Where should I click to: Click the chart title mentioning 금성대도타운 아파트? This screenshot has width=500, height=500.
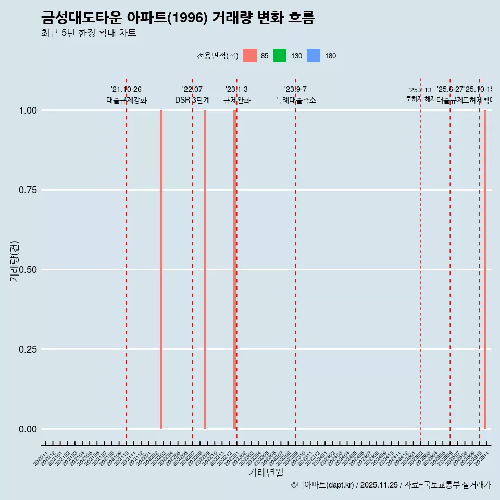click(x=178, y=18)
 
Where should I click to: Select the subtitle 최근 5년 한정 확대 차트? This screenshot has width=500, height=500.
click(x=89, y=33)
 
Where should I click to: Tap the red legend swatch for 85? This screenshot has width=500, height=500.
click(x=249, y=56)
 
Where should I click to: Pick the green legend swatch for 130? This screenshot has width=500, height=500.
click(x=280, y=56)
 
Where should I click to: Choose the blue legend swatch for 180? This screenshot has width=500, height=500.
click(x=314, y=56)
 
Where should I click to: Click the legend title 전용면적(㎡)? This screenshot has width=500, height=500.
click(x=217, y=56)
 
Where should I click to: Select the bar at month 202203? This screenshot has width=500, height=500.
click(x=161, y=269)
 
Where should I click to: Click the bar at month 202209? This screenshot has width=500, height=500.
click(x=205, y=269)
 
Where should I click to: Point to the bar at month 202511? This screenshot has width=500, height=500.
click(x=485, y=269)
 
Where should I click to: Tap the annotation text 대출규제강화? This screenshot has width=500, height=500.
click(x=127, y=100)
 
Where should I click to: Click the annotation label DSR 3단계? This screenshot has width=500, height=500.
click(x=192, y=100)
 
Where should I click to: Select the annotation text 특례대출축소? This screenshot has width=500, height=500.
click(x=296, y=100)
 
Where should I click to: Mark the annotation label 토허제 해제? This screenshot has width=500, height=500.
click(x=420, y=99)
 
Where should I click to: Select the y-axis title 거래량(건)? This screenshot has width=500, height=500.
click(x=14, y=261)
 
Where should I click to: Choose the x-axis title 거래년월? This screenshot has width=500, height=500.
click(x=266, y=473)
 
